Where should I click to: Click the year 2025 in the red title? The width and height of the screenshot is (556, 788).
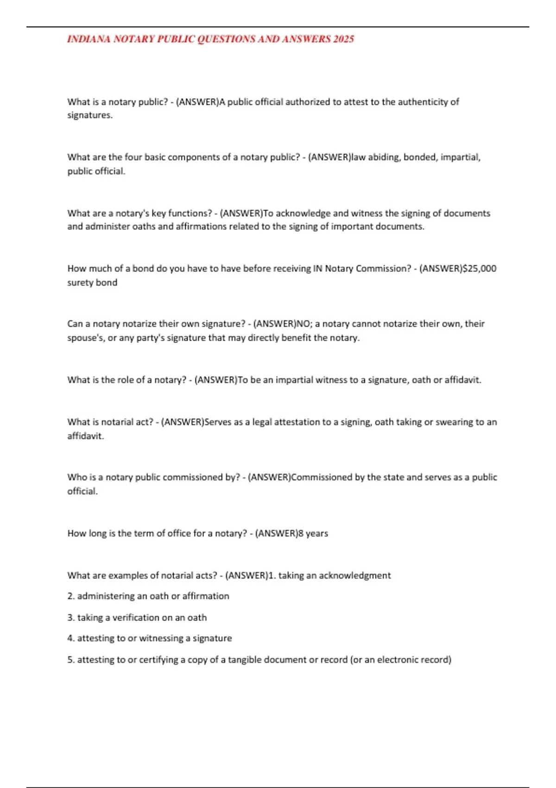(343, 39)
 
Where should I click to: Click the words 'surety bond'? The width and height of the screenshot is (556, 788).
(92, 282)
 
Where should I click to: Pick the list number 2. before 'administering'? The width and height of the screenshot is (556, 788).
(71, 596)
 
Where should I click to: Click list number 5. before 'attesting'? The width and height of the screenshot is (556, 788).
(71, 660)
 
